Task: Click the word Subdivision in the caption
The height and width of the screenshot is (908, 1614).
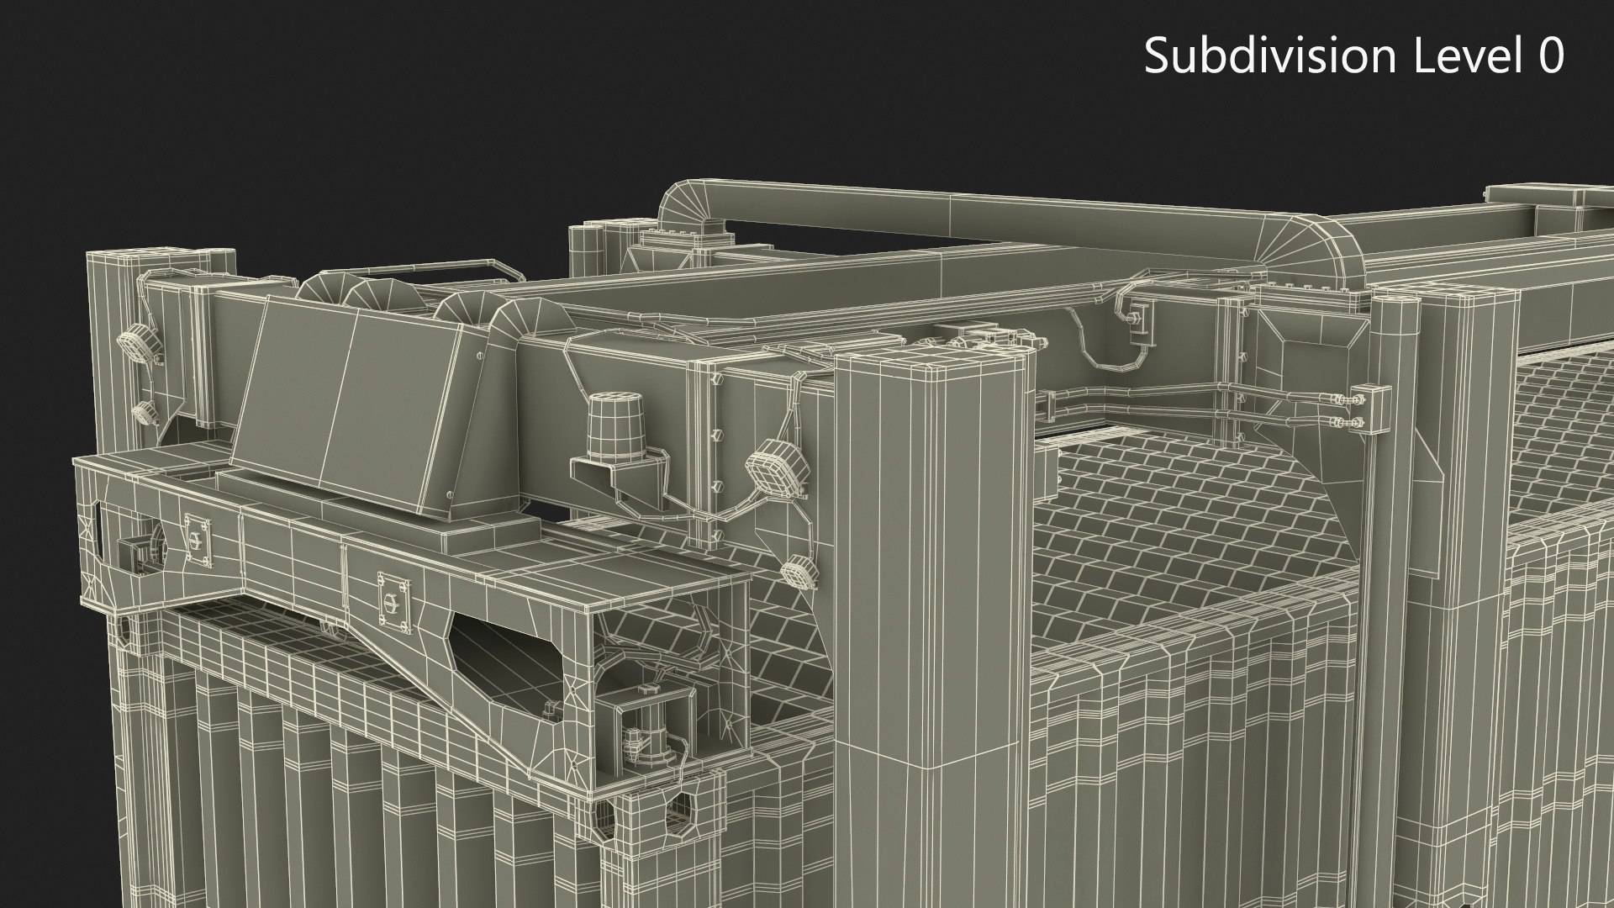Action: (1269, 56)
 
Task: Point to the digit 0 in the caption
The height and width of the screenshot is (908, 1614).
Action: (1550, 56)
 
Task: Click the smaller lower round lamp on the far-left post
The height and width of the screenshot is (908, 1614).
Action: (145, 412)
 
